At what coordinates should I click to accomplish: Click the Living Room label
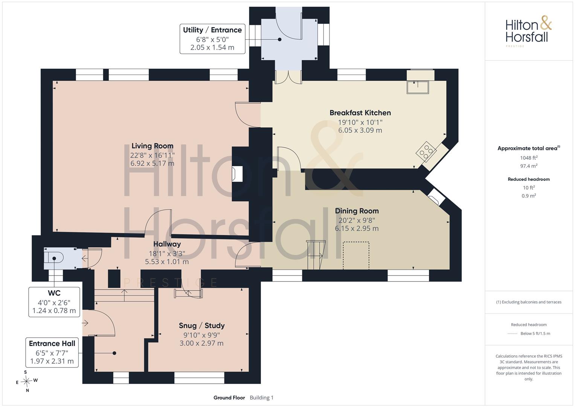[153, 146]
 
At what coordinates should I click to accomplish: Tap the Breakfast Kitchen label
[360, 113]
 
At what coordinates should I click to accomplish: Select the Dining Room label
[357, 211]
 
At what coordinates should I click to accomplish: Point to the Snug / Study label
[202, 326]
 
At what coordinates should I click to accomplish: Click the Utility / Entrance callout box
[212, 39]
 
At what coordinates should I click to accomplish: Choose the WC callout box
[54, 302]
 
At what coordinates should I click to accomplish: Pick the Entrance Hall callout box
[52, 352]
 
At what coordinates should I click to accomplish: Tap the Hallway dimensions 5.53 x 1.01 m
[167, 262]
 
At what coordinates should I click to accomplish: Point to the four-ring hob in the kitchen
[426, 151]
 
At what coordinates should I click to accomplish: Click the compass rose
[26, 381]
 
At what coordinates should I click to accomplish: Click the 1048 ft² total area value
[529, 158]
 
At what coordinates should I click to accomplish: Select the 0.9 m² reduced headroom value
[529, 196]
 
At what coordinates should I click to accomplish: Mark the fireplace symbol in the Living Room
[237, 174]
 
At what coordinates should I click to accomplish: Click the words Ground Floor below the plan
[229, 398]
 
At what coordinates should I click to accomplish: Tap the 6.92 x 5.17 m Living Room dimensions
[153, 164]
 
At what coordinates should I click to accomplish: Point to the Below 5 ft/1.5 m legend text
[535, 334]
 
